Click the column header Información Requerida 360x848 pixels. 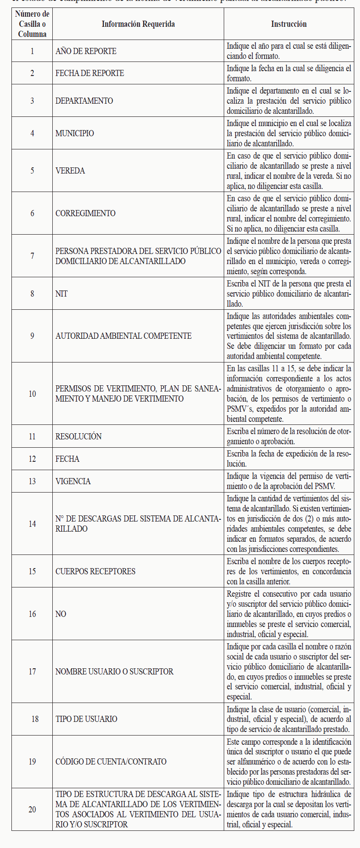click(x=138, y=24)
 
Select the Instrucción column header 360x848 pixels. click(x=289, y=24)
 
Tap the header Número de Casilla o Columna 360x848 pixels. click(x=32, y=24)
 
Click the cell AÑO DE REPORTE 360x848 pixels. click(x=86, y=51)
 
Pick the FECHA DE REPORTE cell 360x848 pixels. click(x=90, y=73)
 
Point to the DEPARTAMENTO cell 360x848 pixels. click(x=84, y=101)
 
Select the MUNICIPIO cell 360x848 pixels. click(x=75, y=133)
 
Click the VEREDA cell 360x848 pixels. click(x=70, y=170)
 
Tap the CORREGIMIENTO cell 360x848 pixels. click(x=85, y=213)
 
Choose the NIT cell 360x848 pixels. click(x=62, y=294)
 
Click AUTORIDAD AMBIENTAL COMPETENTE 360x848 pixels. click(x=124, y=336)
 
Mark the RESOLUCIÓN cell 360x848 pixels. click(x=79, y=436)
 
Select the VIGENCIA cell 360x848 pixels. click(x=73, y=481)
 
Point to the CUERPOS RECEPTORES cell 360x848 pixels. click(x=95, y=571)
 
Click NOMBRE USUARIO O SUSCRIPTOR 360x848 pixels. click(x=114, y=671)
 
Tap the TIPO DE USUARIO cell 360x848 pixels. click(x=86, y=719)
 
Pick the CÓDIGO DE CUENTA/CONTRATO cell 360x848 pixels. click(x=111, y=761)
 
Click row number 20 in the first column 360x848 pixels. click(x=32, y=809)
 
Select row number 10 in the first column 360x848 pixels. click(x=32, y=394)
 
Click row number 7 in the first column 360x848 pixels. click(x=32, y=256)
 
